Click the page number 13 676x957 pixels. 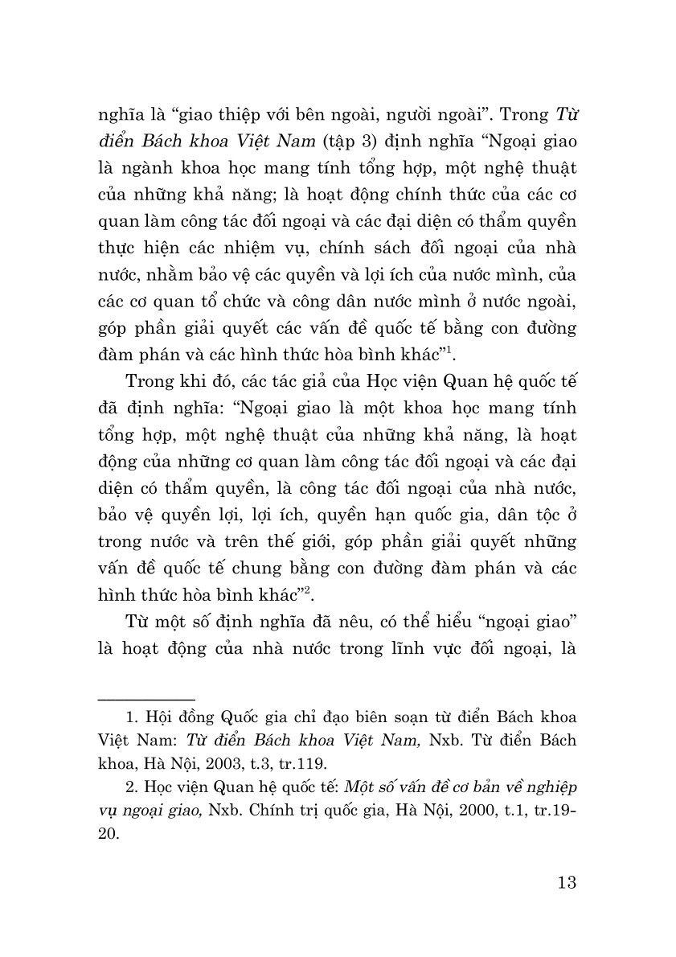click(x=566, y=881)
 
